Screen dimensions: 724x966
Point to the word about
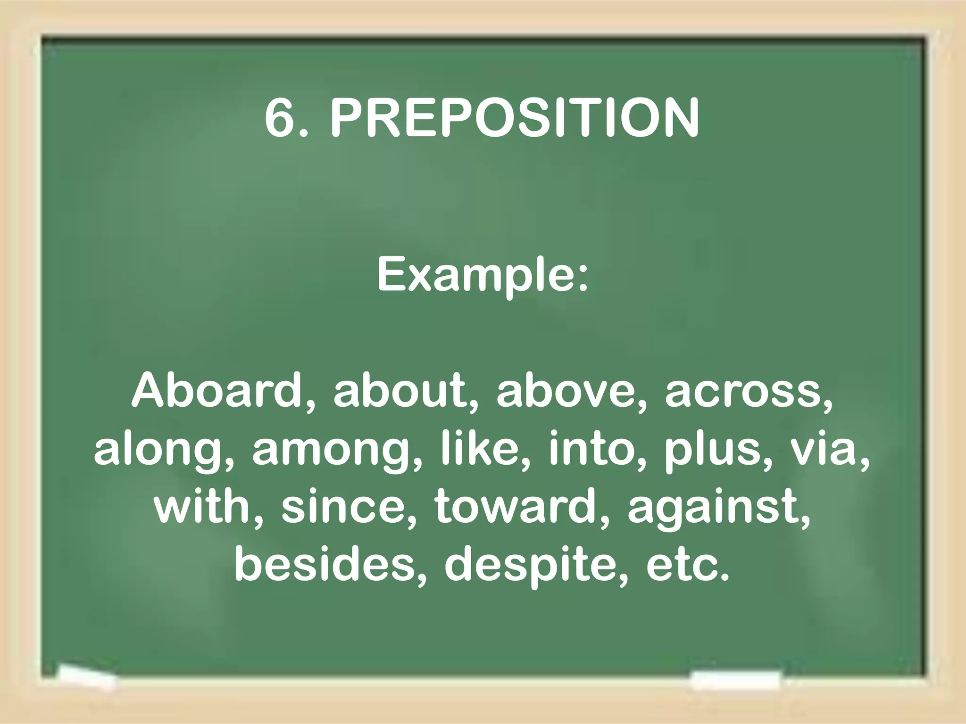tap(399, 391)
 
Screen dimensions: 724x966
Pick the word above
tap(566, 391)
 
